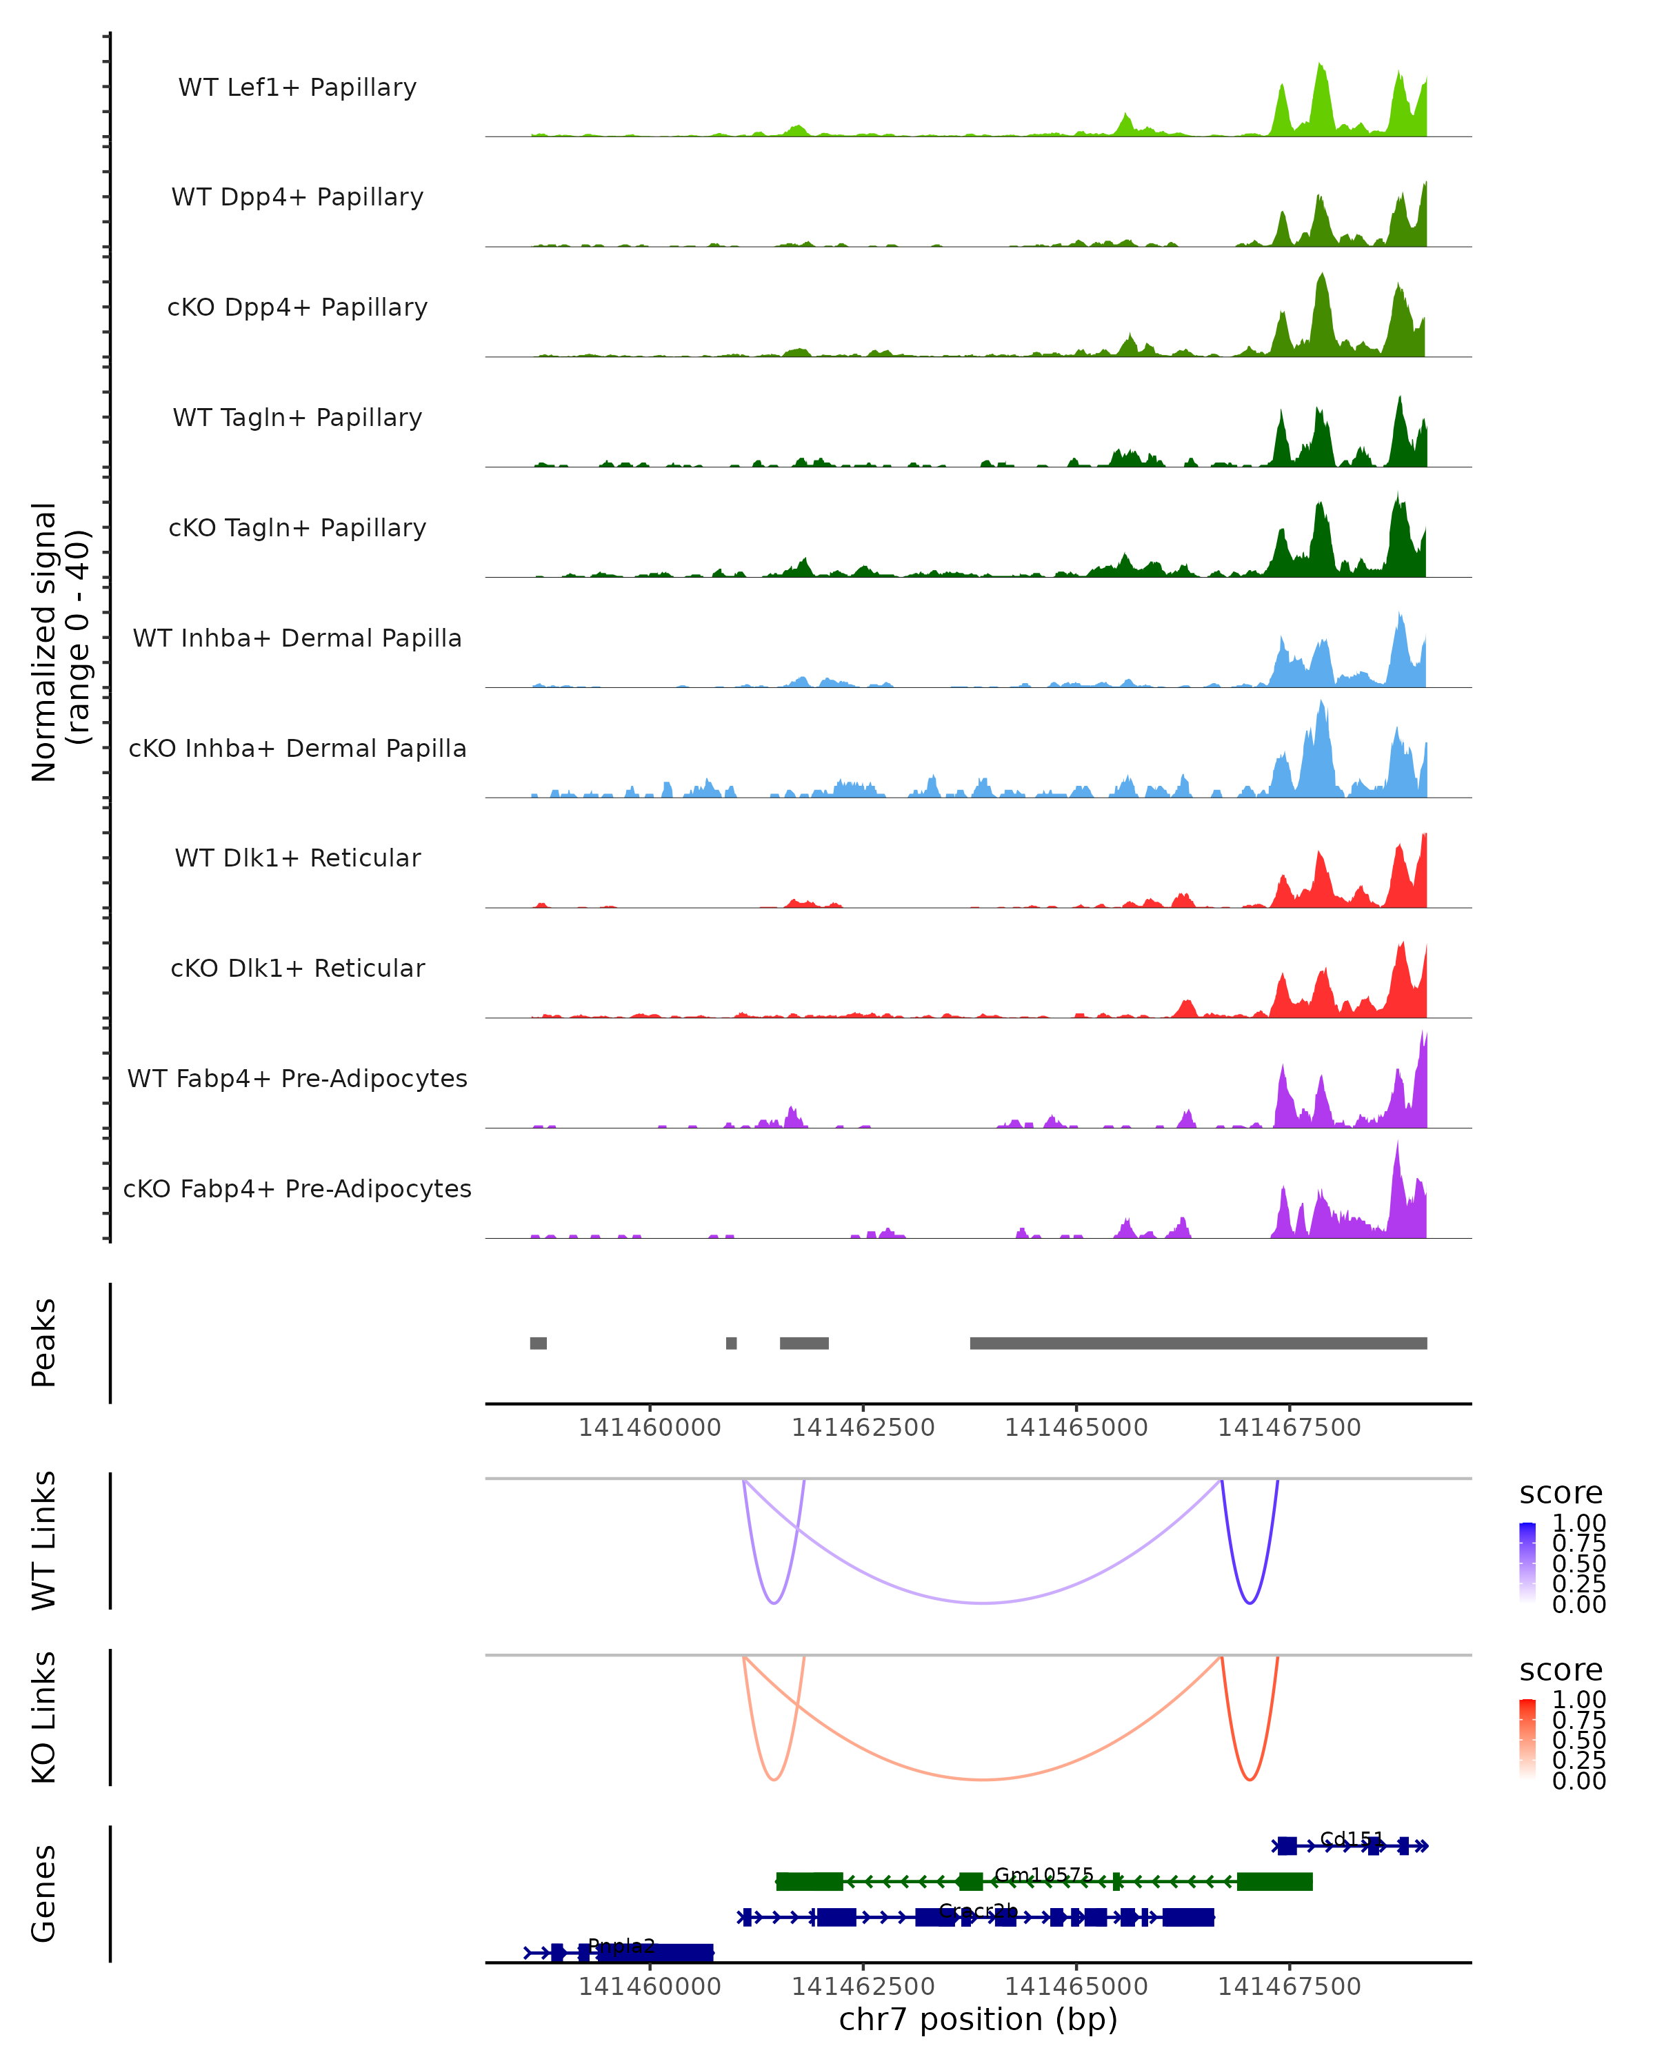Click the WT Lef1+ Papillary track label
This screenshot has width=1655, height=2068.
coord(297,88)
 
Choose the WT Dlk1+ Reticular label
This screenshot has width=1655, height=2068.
coord(297,858)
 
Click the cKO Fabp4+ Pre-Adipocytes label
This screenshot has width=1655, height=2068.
coord(297,1188)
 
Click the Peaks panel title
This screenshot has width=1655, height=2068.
coord(44,1342)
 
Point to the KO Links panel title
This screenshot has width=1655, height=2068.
coord(44,1717)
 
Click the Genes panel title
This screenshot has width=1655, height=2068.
coord(44,1894)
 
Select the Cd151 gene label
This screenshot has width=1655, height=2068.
coord(1351,1838)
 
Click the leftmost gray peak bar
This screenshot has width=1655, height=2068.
coord(539,1343)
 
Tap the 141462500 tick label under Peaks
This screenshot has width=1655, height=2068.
coord(863,1428)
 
